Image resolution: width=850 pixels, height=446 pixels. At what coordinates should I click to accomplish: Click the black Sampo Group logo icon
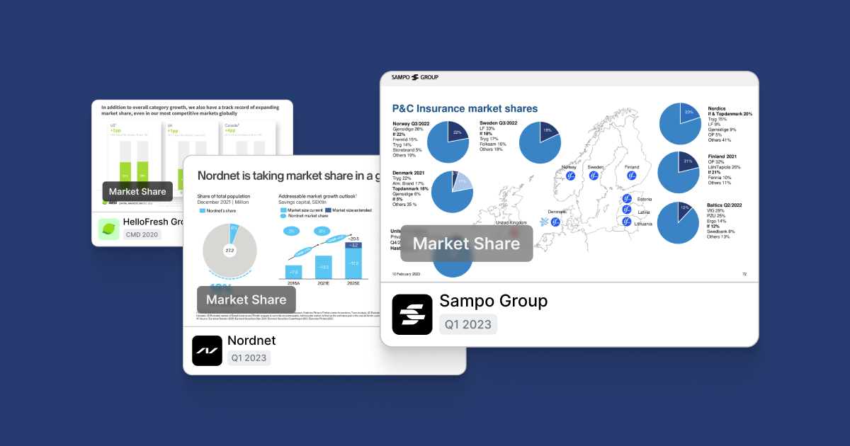(x=412, y=314)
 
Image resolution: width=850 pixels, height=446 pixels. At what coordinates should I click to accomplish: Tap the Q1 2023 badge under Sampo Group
(x=468, y=324)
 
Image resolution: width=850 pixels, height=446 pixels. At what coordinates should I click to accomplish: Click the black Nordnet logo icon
(x=207, y=350)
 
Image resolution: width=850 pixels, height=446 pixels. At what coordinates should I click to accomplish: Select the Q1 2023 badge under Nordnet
(x=249, y=358)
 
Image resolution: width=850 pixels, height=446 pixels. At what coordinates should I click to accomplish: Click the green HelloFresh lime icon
(x=108, y=229)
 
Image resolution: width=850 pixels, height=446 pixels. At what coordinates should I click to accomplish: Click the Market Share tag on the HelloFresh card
(x=137, y=191)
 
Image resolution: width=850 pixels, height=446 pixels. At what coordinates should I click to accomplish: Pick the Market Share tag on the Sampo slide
(x=466, y=244)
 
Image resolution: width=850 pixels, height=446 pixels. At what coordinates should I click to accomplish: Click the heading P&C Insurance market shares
(x=465, y=108)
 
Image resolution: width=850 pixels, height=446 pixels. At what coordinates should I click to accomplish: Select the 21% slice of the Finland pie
(x=687, y=162)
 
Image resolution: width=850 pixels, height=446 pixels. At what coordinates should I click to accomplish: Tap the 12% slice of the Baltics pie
(x=684, y=209)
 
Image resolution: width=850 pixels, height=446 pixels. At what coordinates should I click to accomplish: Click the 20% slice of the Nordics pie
(x=688, y=113)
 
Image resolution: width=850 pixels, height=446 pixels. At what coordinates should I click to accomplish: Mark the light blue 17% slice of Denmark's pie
(x=463, y=183)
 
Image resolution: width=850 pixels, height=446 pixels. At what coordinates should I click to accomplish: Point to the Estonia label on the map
(x=644, y=200)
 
